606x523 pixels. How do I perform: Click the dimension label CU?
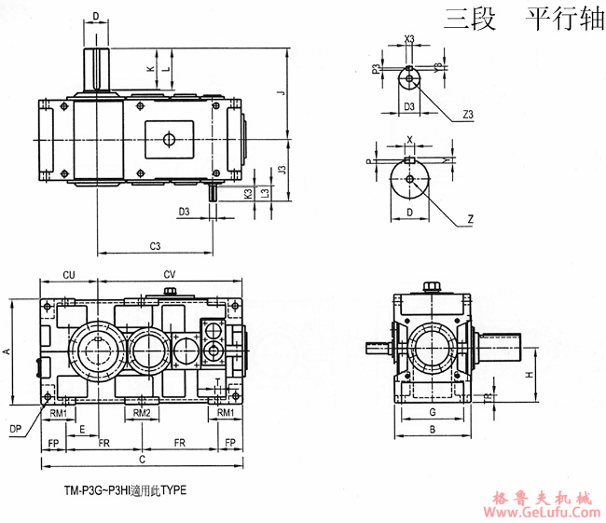[68, 275]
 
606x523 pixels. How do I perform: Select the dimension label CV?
[170, 275]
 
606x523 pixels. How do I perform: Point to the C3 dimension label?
[156, 246]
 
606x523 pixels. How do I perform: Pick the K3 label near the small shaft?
[247, 194]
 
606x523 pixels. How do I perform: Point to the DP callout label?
[15, 428]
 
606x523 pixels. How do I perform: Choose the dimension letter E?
[83, 428]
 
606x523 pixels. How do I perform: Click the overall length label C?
[142, 460]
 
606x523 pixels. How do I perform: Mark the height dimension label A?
[7, 351]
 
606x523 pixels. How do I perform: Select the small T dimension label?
[216, 382]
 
